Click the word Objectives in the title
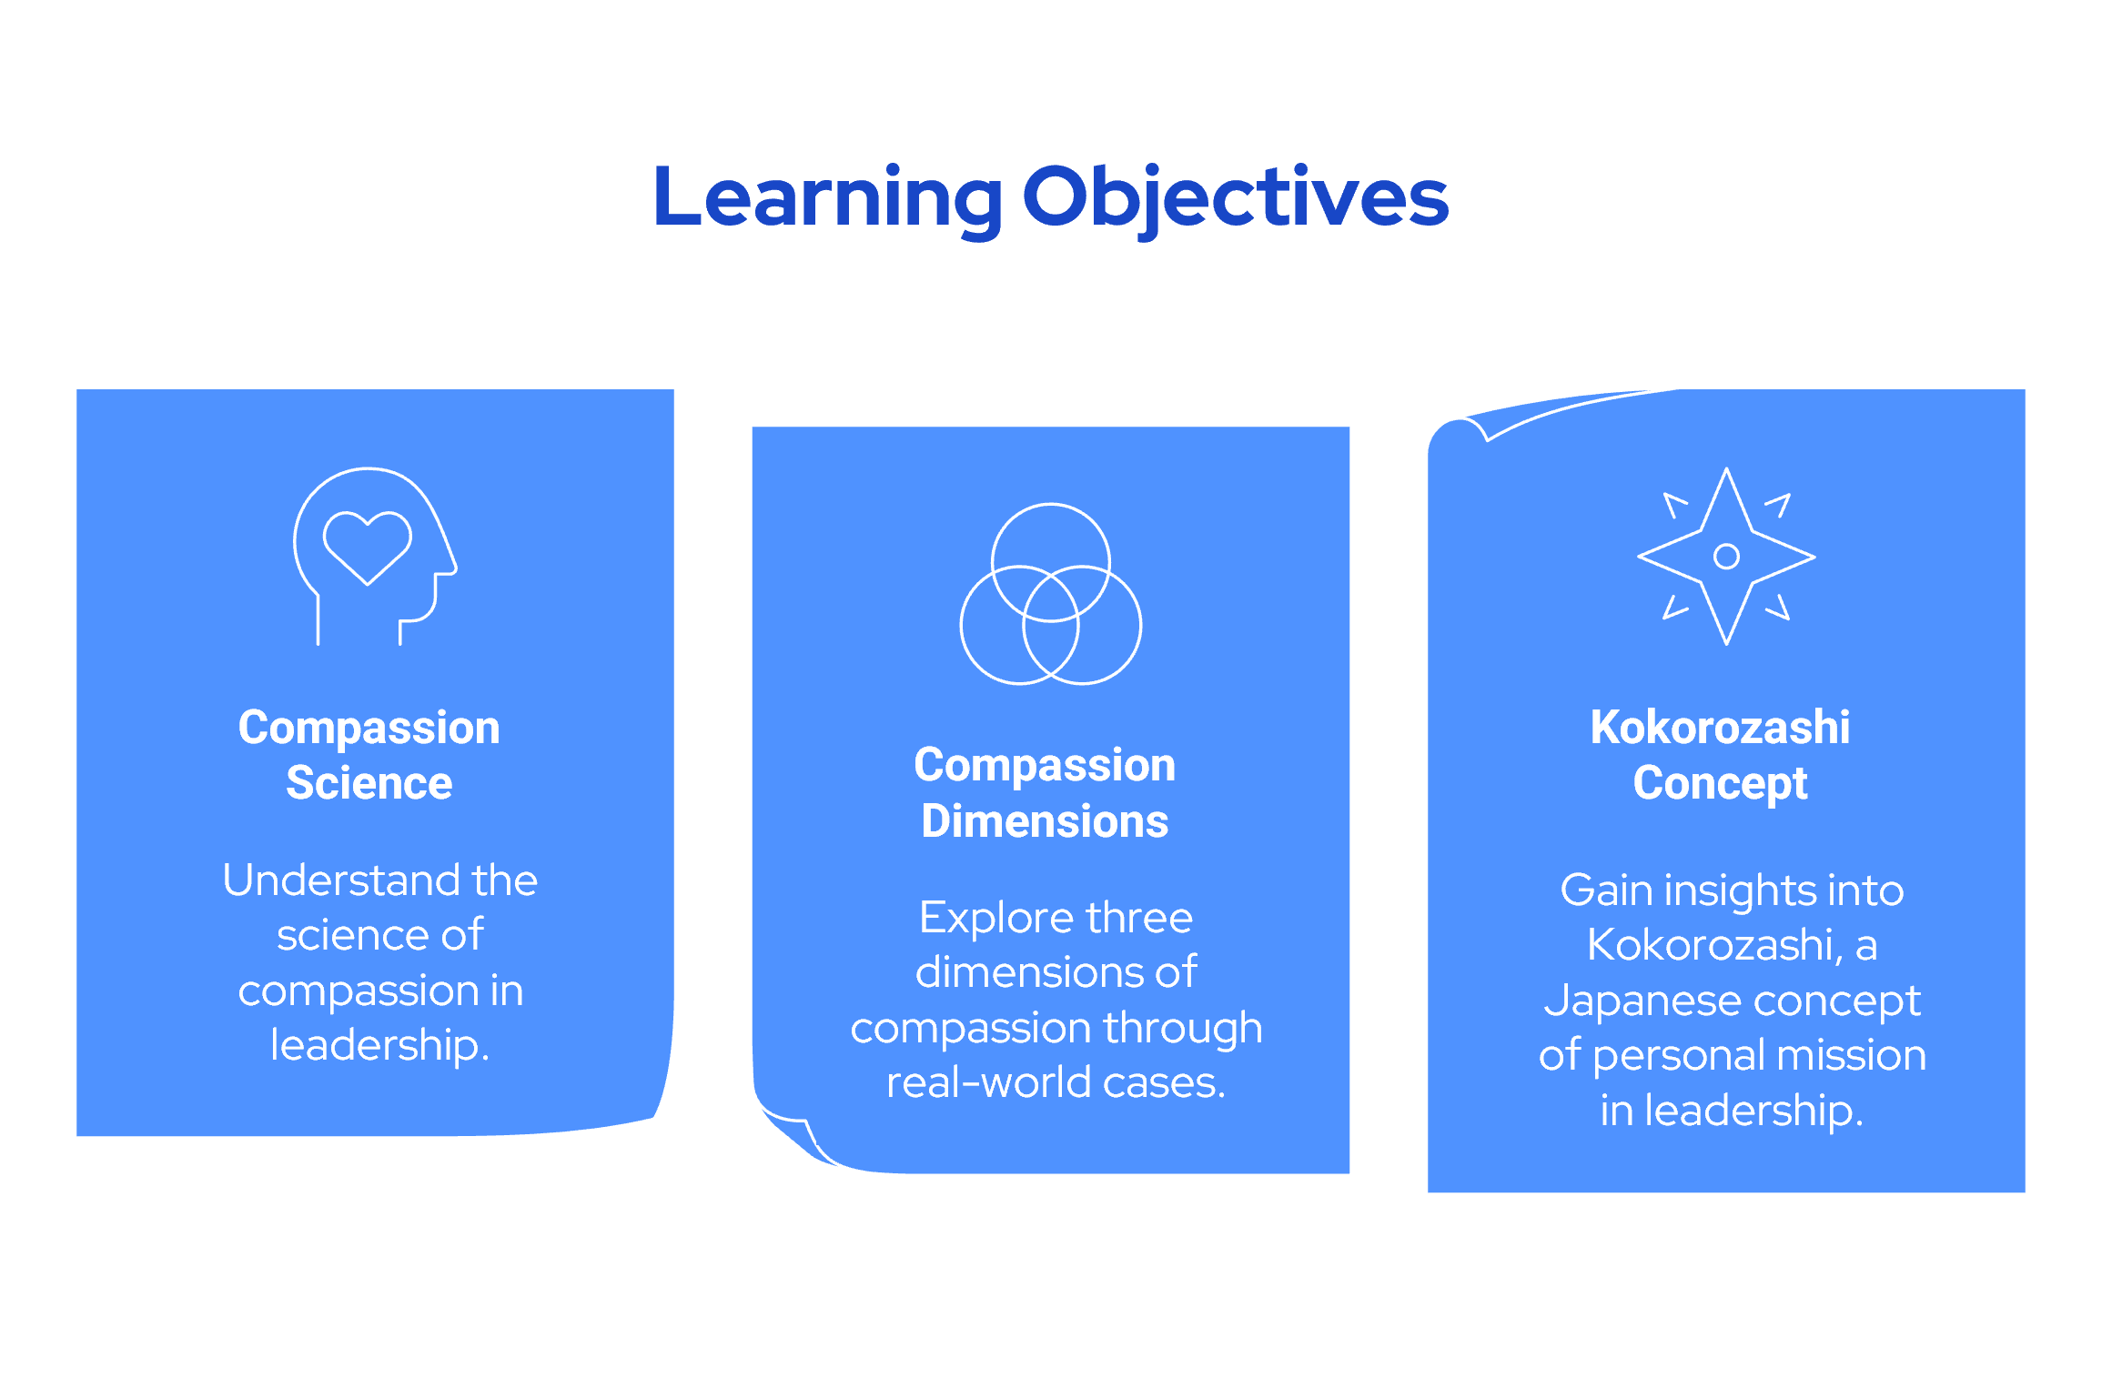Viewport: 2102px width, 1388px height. pyautogui.click(x=1235, y=197)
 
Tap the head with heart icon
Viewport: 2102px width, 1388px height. pyautogui.click(x=374, y=556)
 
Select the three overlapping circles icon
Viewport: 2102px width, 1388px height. pyautogui.click(x=1051, y=594)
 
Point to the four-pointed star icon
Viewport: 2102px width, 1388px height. pyautogui.click(x=1726, y=556)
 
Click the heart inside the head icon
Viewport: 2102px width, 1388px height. pyautogui.click(x=368, y=545)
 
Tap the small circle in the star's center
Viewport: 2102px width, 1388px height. pyautogui.click(x=1726, y=556)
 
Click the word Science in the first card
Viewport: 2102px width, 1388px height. pyautogui.click(x=369, y=783)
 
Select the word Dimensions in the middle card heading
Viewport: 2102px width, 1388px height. pyautogui.click(x=1045, y=821)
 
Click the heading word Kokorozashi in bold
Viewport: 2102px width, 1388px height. pyautogui.click(x=1720, y=728)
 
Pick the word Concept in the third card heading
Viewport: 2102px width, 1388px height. pyautogui.click(x=1720, y=783)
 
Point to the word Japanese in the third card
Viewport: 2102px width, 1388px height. pyautogui.click(x=1610, y=1001)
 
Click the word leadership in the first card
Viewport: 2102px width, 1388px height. pyautogui.click(x=374, y=1045)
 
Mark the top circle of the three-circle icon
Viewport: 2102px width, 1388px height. pyautogui.click(x=1051, y=537)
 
